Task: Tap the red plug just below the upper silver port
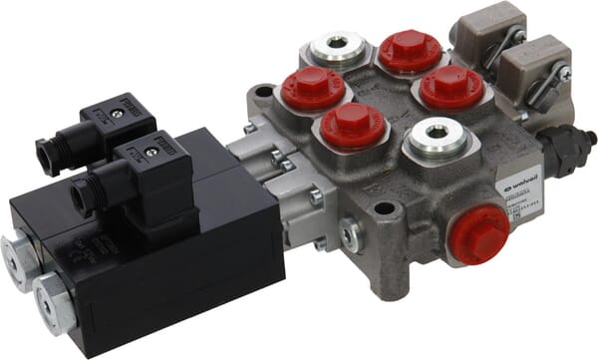tap(313, 89)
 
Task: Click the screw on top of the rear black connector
tap(118, 115)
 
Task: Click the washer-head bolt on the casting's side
tap(351, 234)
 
